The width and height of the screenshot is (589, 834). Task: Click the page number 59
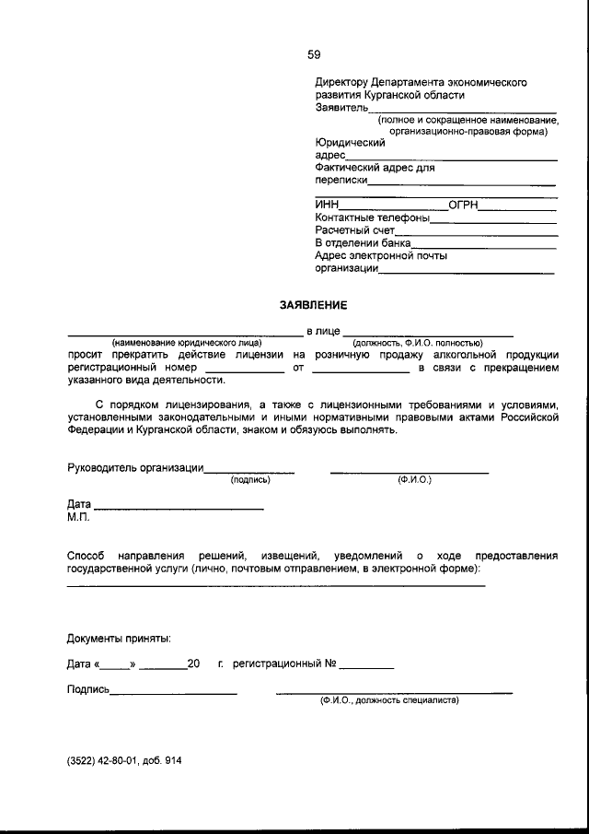(314, 54)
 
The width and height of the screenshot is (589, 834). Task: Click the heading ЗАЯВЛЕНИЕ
(314, 304)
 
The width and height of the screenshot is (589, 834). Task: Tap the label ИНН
(327, 205)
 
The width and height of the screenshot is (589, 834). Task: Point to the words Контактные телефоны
(372, 217)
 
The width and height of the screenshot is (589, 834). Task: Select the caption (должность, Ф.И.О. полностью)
(418, 343)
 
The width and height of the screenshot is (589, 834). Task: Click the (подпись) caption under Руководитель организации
(250, 480)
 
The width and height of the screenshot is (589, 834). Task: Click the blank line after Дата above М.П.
(179, 508)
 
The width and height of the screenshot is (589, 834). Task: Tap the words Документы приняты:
(119, 638)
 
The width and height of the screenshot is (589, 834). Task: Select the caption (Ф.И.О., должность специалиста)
(389, 700)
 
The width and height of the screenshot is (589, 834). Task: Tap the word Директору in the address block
(341, 82)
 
